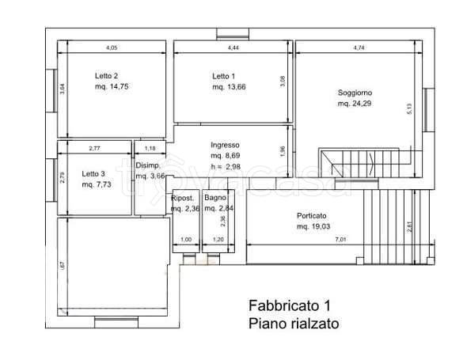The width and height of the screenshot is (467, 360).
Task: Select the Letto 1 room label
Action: point(223,76)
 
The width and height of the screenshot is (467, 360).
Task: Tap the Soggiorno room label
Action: point(354,93)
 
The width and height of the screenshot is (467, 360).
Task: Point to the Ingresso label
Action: point(225,145)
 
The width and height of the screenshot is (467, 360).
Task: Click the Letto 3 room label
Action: point(93,173)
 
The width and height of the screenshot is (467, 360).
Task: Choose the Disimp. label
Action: point(148,165)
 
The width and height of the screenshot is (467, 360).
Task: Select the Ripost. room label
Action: point(184,198)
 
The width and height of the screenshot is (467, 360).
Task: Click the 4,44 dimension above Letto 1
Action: point(233,48)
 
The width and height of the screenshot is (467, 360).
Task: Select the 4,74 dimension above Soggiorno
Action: point(359,48)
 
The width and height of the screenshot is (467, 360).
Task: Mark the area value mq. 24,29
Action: point(354,104)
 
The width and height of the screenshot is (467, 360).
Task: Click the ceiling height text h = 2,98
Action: point(225,167)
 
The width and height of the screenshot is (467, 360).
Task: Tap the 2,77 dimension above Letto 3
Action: point(94,148)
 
